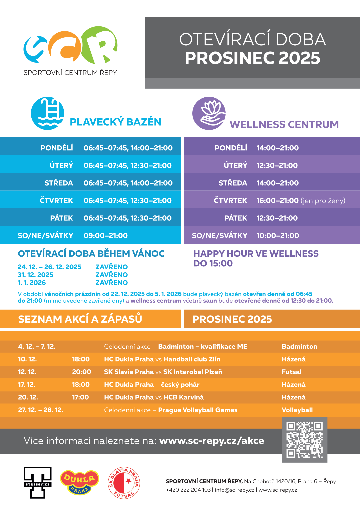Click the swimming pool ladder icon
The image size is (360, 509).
(x=47, y=113)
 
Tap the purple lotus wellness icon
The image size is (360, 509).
(x=209, y=113)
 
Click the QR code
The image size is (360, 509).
(x=304, y=440)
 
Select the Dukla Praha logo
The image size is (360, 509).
(x=79, y=482)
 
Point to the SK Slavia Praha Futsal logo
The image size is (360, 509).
(x=124, y=483)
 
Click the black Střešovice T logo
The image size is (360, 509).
(x=37, y=482)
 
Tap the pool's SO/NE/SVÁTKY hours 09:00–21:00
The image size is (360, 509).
(x=106, y=236)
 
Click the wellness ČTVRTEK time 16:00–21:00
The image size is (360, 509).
(x=277, y=201)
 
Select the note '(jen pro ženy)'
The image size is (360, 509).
(x=323, y=201)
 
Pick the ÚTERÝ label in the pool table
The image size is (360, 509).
(x=61, y=166)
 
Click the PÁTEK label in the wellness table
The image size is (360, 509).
(x=236, y=218)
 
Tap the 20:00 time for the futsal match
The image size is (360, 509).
(x=81, y=372)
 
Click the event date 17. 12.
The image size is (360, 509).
(x=27, y=385)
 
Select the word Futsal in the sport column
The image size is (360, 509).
(x=291, y=372)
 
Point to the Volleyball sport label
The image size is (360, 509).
(x=297, y=410)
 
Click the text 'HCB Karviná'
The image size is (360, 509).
(x=183, y=397)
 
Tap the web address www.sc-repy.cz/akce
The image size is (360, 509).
(x=212, y=441)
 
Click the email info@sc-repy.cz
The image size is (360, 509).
(x=234, y=490)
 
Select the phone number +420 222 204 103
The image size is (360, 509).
(x=188, y=490)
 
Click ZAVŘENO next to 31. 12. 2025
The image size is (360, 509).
(x=112, y=275)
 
